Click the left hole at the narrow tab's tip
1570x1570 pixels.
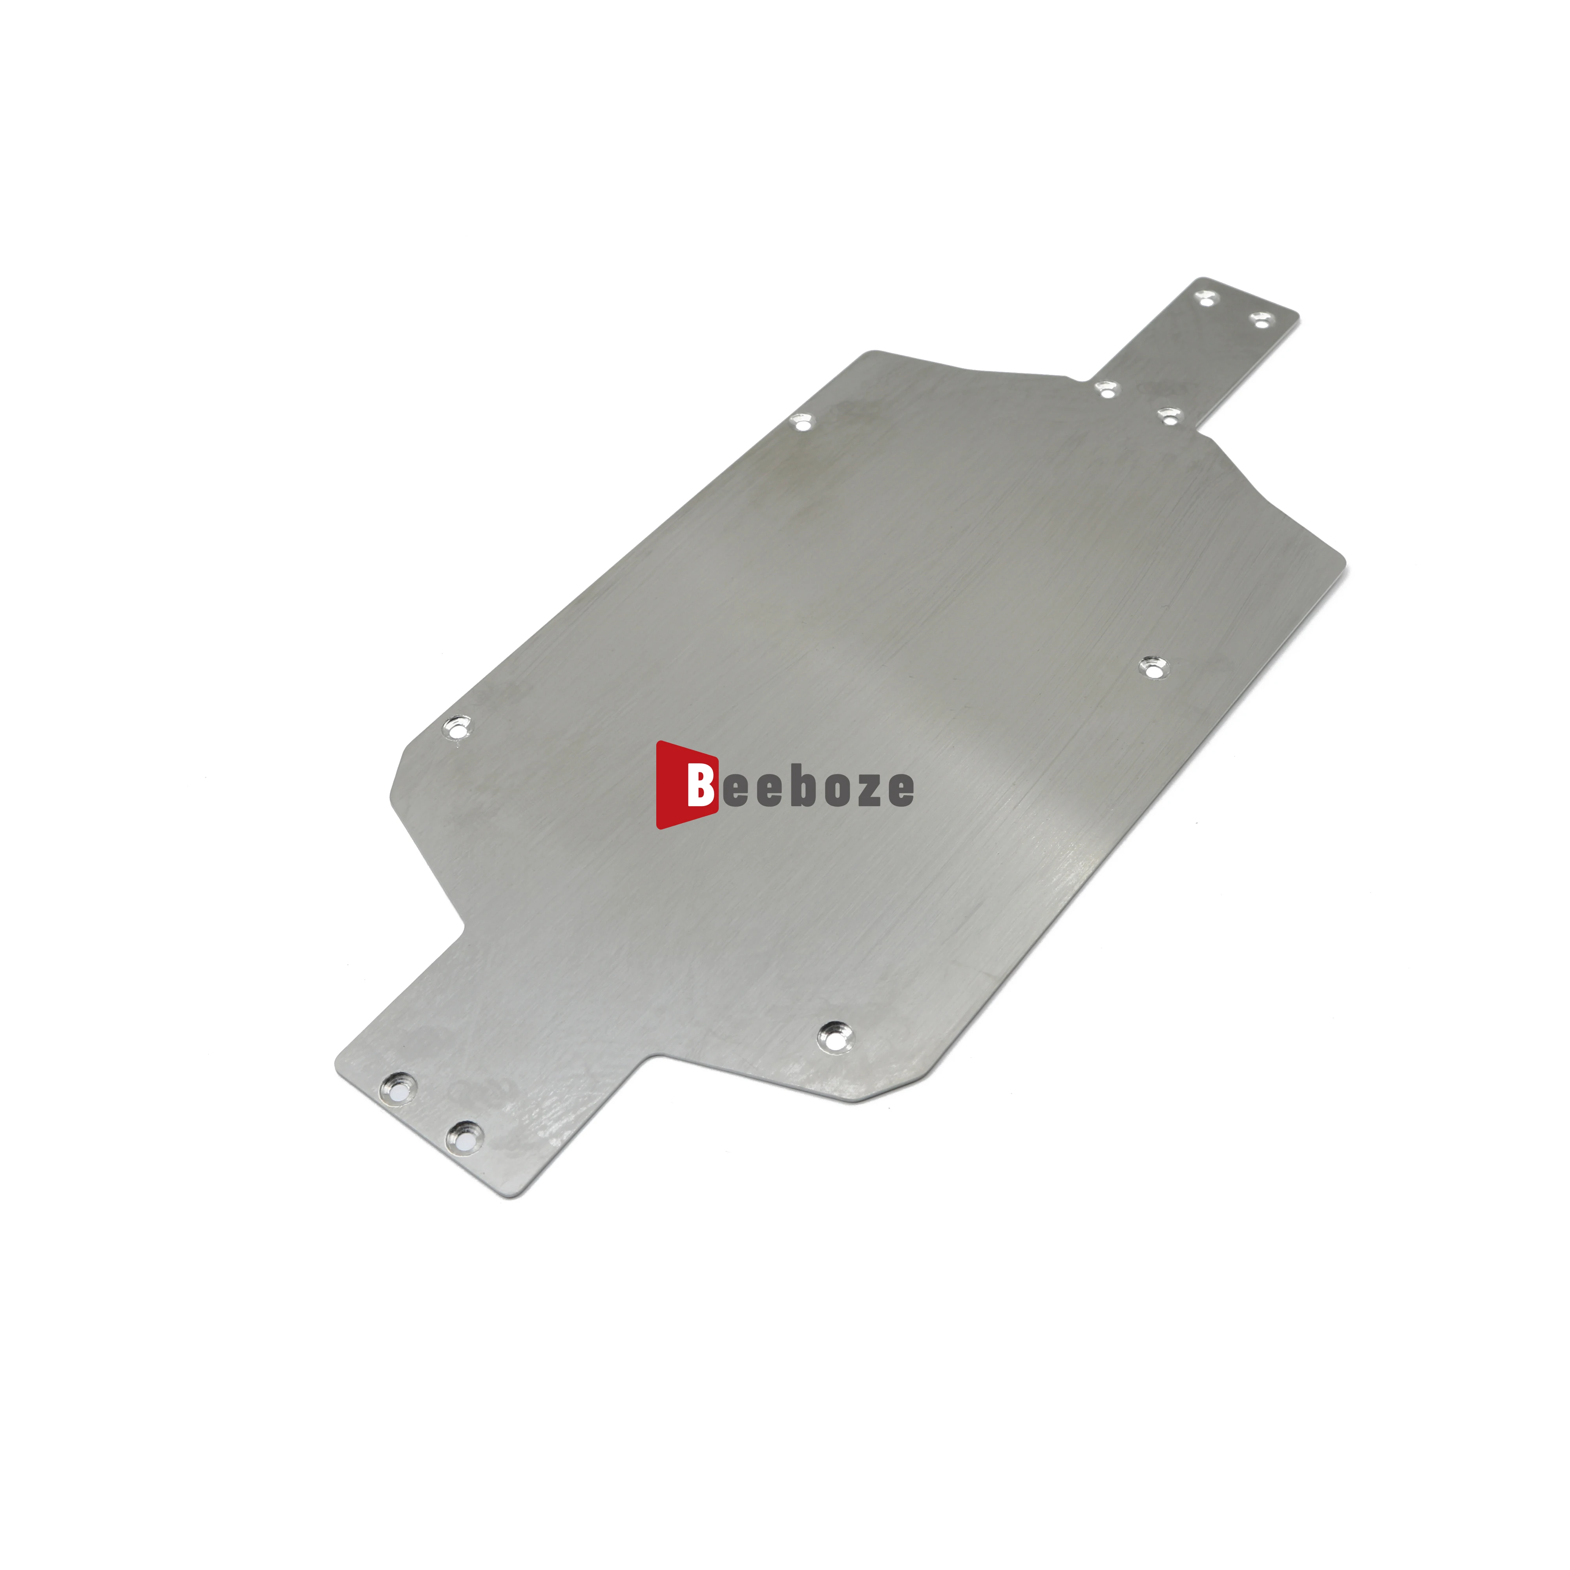pos(1206,298)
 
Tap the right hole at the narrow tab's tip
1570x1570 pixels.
pos(1260,319)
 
